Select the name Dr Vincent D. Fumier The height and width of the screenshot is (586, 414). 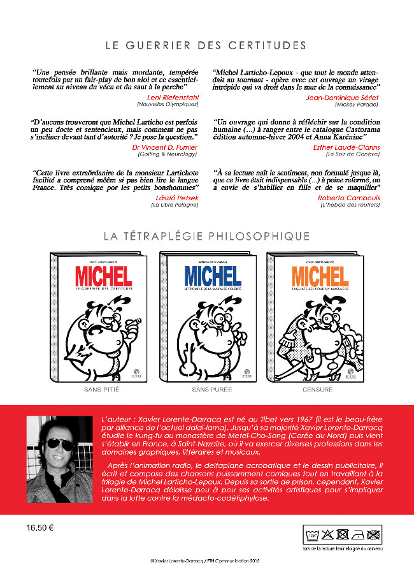162,147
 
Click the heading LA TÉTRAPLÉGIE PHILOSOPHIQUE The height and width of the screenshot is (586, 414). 206,236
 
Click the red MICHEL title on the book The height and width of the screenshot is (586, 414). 103,276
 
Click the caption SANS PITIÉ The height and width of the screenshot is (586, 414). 103,388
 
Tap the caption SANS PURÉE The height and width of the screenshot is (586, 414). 212,388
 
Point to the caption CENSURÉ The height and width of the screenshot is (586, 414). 320,388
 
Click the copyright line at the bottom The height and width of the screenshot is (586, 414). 206,560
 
